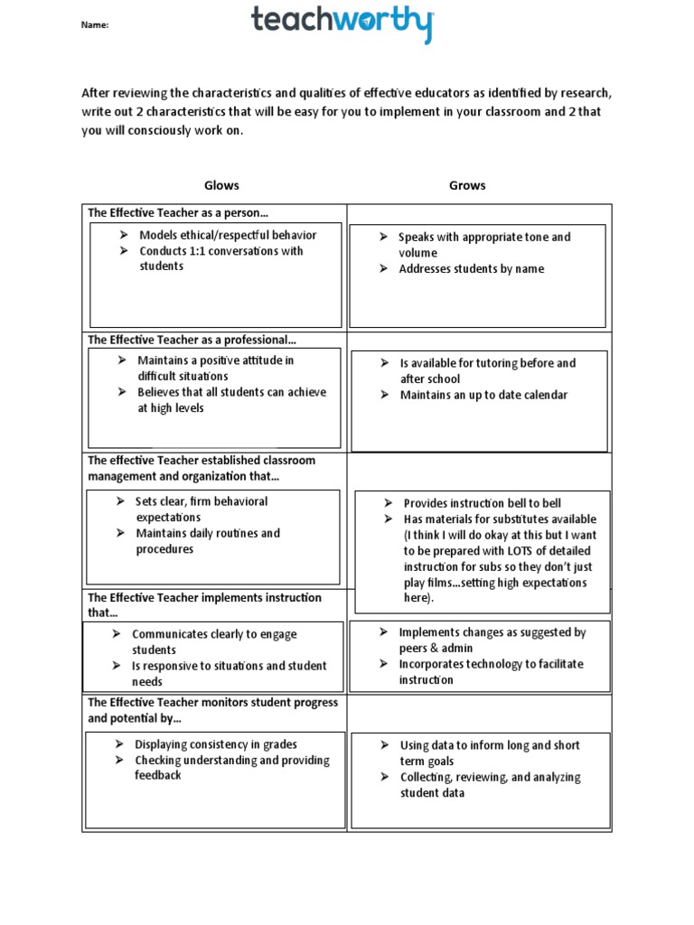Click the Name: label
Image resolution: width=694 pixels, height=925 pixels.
coord(95,25)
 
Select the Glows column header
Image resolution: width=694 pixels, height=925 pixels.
coord(221,185)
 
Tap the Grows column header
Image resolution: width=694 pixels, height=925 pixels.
coord(467,185)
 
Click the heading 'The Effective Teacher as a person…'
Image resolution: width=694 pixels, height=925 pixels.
coord(178,213)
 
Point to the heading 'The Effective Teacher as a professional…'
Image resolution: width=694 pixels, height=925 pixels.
coord(192,340)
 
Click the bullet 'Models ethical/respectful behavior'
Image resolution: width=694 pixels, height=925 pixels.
coord(228,235)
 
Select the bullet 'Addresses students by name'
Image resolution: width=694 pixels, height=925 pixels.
coord(471,269)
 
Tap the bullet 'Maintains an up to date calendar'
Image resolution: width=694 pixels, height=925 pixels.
coord(483,395)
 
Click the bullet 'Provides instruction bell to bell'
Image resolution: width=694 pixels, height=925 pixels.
coord(483,503)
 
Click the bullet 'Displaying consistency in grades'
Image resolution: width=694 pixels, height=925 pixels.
coord(216,744)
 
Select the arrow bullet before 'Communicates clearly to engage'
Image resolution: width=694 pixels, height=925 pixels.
coord(117,634)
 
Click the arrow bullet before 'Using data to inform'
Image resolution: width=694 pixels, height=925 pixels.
coord(383,745)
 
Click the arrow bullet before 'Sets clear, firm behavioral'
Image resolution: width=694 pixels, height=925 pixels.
coord(120,501)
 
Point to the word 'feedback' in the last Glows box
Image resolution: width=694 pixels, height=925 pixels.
coord(158,776)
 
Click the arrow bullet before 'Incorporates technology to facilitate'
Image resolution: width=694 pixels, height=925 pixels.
coord(383,664)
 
